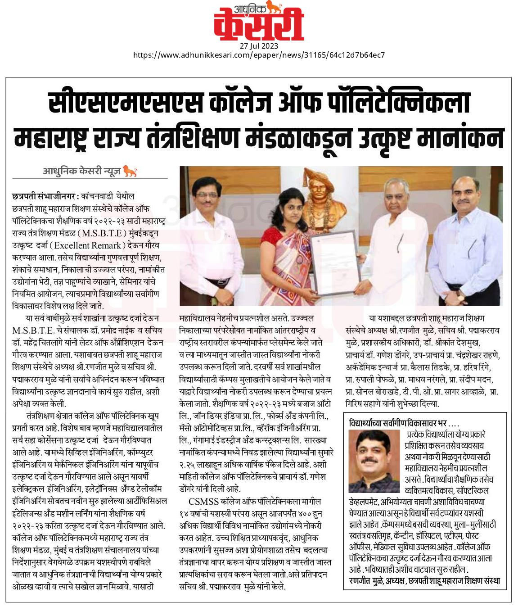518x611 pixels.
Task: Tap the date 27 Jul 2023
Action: pos(259,46)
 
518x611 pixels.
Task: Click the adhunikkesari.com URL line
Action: pos(259,55)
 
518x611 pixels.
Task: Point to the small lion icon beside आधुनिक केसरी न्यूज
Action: pos(130,171)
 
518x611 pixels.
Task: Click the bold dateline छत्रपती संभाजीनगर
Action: pos(45,197)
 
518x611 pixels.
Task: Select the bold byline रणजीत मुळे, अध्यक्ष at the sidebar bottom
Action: pos(424,581)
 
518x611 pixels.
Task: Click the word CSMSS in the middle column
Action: pos(203,501)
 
